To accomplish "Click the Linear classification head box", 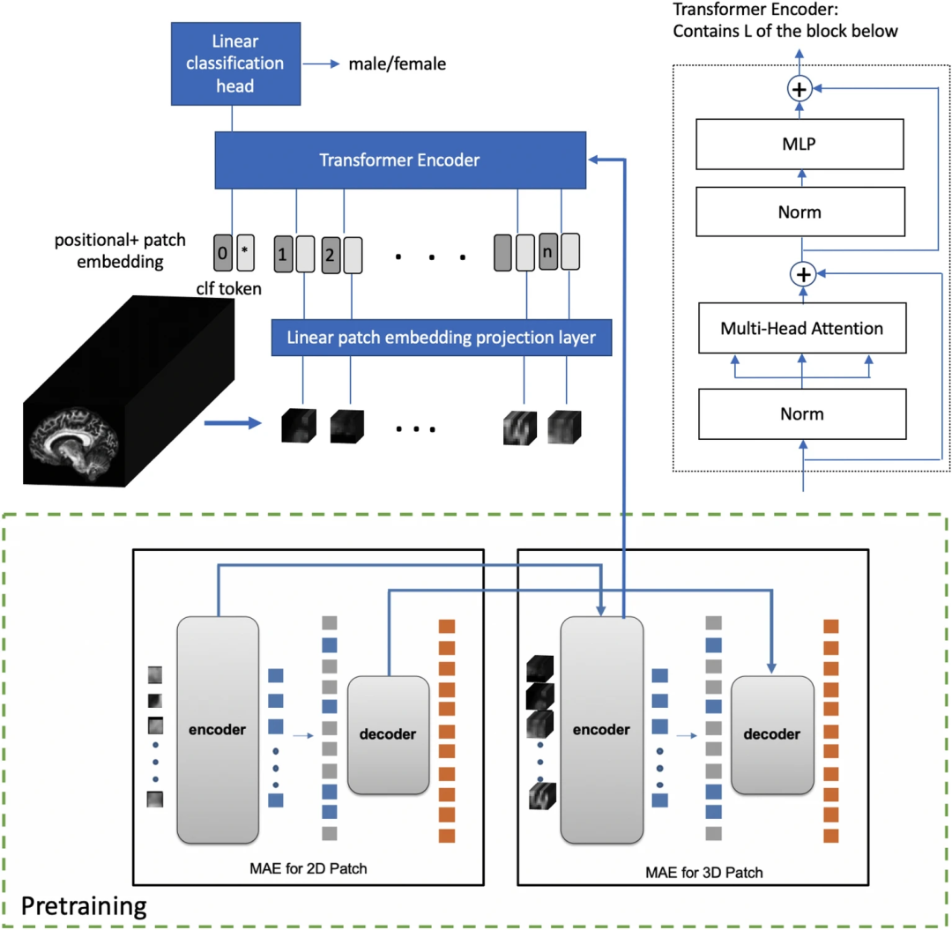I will click(x=234, y=63).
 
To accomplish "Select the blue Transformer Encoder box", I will click(x=401, y=160).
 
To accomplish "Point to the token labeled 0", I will click(x=222, y=252).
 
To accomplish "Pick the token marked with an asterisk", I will click(x=246, y=252).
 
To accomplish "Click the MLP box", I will click(x=801, y=144).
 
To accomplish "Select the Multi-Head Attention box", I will click(x=801, y=329).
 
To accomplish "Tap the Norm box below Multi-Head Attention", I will click(x=801, y=413).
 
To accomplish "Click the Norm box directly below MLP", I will click(x=801, y=212).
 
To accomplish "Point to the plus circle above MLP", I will click(x=801, y=89).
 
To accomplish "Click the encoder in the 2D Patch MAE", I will click(x=219, y=729).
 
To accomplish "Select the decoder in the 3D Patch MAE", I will click(x=771, y=733).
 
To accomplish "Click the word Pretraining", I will click(x=83, y=905).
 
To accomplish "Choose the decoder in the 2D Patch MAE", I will click(x=388, y=733).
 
